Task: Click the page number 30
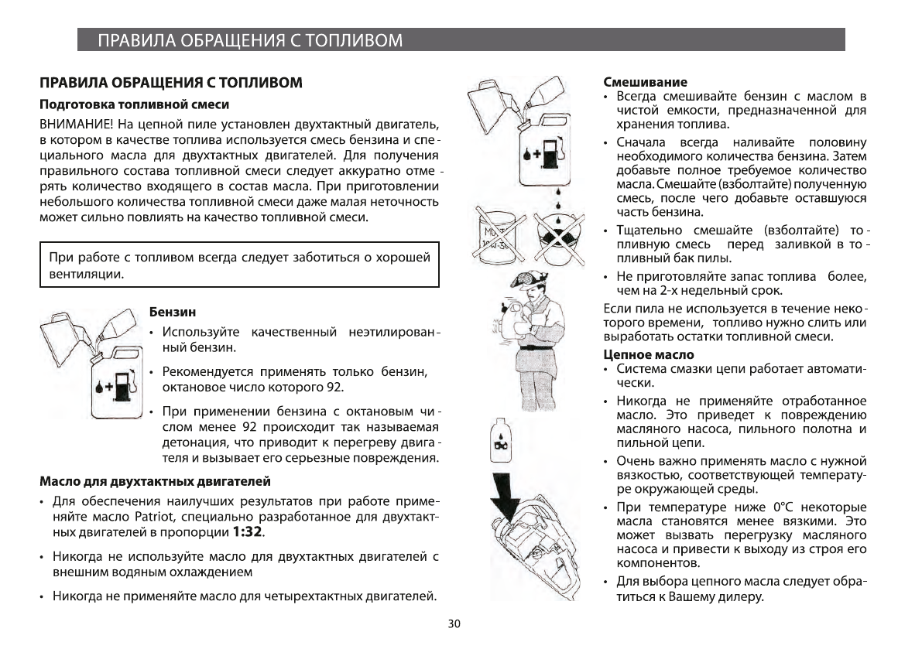pyautogui.click(x=454, y=624)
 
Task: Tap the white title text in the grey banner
pyautogui.click(x=249, y=40)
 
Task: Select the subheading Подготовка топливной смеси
pyautogui.click(x=135, y=103)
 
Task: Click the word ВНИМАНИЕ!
pyautogui.click(x=77, y=124)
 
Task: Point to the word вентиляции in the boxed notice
pyautogui.click(x=86, y=274)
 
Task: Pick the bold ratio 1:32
pyautogui.click(x=248, y=532)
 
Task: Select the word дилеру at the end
pyautogui.click(x=736, y=597)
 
